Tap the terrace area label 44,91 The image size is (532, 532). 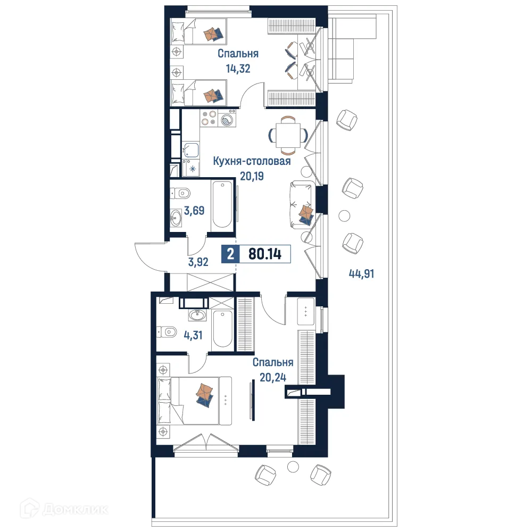[x=362, y=274]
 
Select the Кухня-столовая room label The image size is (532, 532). [x=252, y=161]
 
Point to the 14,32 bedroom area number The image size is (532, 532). [x=238, y=68]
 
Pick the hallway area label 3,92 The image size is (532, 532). [x=198, y=261]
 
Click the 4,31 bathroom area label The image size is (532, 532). [x=194, y=336]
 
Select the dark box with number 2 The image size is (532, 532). [x=230, y=254]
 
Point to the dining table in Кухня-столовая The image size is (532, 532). [x=288, y=134]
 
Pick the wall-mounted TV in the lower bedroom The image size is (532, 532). [x=252, y=400]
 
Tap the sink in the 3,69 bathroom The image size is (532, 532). [x=177, y=217]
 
